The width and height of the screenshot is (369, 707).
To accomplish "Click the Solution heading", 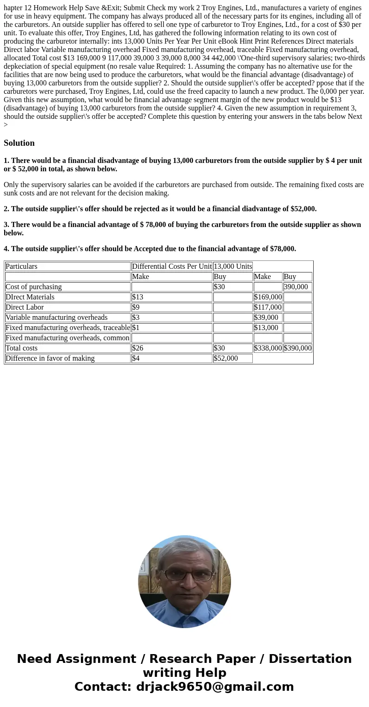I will point(19,143).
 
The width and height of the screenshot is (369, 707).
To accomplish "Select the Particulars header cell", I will point(21,266).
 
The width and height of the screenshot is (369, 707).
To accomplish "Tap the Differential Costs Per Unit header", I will point(171,266).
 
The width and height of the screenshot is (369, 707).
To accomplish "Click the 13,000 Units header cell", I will point(233,266).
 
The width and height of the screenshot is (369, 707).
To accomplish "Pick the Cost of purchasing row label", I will point(33,287).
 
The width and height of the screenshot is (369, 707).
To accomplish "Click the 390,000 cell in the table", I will point(296,287).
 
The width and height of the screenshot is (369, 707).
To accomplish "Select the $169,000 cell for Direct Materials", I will point(268,297).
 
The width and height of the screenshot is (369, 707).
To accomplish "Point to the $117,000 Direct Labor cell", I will point(268,307).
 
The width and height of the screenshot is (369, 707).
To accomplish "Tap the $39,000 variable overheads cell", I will point(266,318).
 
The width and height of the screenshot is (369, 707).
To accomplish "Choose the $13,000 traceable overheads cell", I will point(266,328).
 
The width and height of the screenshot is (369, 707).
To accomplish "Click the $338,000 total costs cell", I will point(268,348).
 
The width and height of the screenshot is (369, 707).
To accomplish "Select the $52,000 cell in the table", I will point(226,358).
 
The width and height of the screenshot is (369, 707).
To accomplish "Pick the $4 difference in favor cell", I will point(136,358).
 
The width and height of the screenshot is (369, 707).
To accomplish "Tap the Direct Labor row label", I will point(25,307).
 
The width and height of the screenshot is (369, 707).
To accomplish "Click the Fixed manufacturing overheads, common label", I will point(67,338).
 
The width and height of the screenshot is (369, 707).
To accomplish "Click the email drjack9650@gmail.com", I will point(215,687).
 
